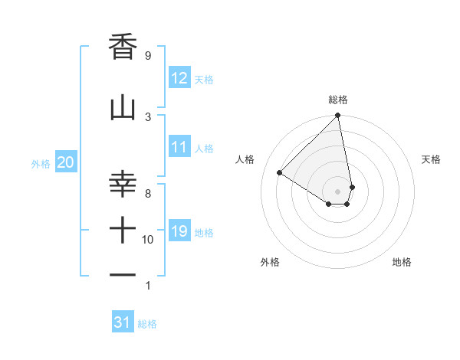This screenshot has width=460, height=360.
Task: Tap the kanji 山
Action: coord(123,109)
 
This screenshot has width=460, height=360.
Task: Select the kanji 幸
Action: coord(123,185)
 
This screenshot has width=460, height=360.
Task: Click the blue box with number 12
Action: coord(179,78)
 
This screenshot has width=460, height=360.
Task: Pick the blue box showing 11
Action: coord(179,148)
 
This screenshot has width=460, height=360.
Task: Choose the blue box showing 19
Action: coord(179,231)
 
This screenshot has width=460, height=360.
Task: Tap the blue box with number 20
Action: coord(66,162)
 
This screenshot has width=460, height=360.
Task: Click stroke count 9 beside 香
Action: coord(147,56)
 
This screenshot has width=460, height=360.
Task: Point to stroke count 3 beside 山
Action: coord(147,116)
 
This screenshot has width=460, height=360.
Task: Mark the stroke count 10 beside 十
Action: coord(147,240)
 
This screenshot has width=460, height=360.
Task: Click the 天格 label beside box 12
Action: coord(204,79)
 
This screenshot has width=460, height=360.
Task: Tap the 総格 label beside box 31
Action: coord(147,324)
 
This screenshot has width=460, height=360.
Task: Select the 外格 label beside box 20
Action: coord(41,163)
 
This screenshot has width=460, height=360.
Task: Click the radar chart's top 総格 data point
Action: coord(337,116)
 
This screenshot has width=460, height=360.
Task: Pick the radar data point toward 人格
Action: coord(280,173)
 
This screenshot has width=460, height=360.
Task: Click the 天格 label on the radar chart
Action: coord(432,159)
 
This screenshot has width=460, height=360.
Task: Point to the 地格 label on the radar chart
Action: coord(402,262)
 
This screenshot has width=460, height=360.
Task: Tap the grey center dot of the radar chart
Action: coord(337,191)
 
